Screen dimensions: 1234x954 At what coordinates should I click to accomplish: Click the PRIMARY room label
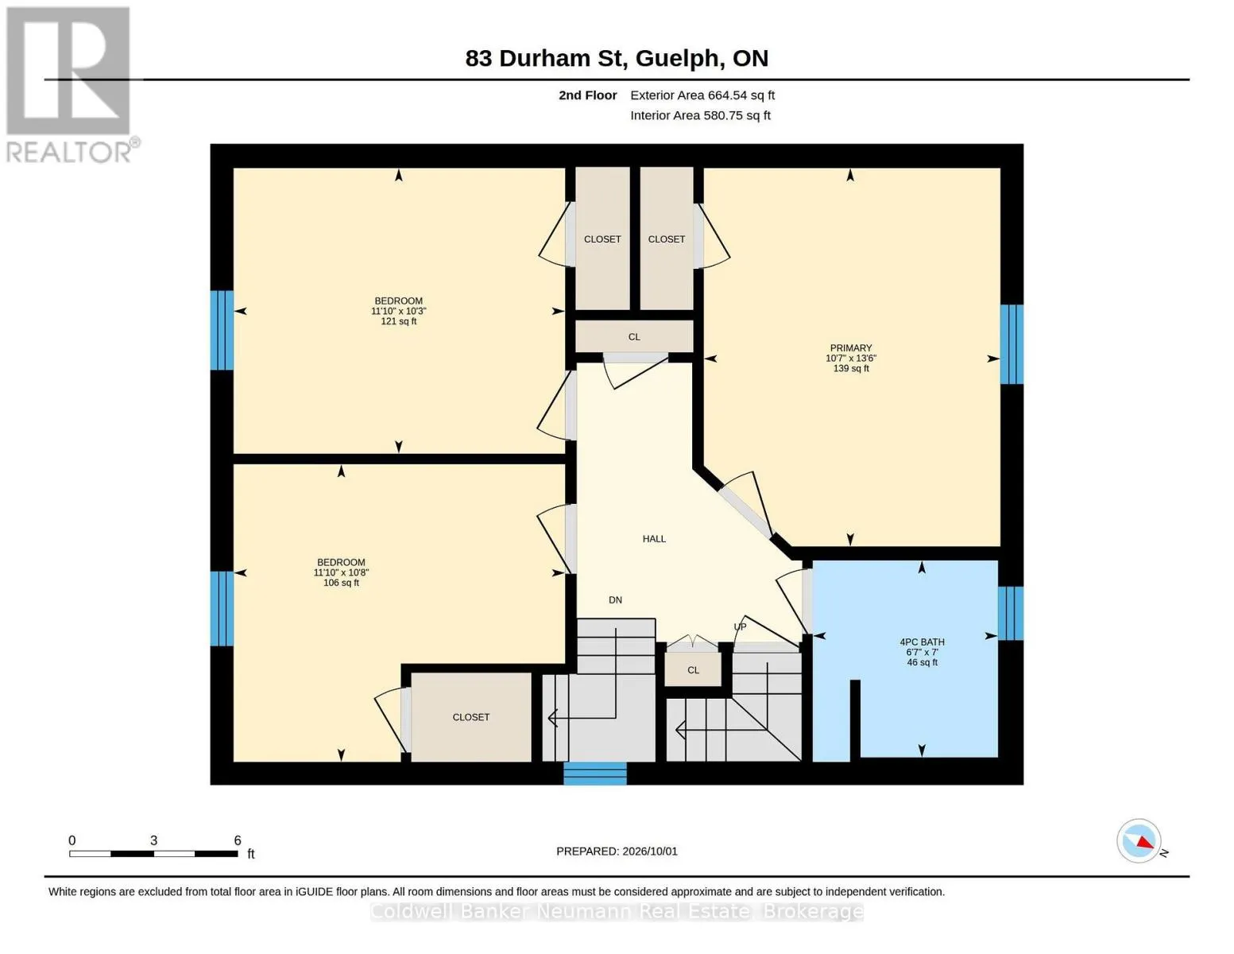tap(850, 347)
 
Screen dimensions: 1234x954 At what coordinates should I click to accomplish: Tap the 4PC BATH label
tap(922, 642)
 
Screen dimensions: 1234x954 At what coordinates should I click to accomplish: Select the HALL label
tap(654, 539)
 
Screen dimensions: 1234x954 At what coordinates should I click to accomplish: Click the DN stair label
tap(615, 599)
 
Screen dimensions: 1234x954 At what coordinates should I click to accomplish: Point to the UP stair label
tap(740, 626)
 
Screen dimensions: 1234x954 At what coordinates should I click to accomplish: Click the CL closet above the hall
tap(634, 337)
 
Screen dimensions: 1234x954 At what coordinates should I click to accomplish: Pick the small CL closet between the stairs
tap(694, 670)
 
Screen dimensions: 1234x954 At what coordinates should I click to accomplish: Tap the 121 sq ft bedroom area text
tap(399, 321)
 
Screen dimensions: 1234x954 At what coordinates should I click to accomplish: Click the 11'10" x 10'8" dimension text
tap(341, 572)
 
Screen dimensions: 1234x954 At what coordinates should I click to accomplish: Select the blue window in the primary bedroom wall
tap(1012, 344)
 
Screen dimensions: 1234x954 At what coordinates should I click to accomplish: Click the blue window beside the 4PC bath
tap(1011, 613)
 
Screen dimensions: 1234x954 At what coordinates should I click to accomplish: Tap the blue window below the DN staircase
tap(595, 774)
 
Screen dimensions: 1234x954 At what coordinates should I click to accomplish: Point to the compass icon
tap(1139, 841)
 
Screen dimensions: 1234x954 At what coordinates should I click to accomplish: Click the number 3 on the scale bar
tap(153, 840)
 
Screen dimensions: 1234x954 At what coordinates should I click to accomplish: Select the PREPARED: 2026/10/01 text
tap(617, 851)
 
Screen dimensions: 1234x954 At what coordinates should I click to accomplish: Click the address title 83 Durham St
tap(544, 58)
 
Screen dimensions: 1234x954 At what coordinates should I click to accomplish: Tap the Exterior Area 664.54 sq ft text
tap(702, 95)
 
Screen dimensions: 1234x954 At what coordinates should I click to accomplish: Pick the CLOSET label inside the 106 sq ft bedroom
tap(470, 717)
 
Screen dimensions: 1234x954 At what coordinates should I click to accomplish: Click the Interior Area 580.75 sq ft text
tap(700, 115)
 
